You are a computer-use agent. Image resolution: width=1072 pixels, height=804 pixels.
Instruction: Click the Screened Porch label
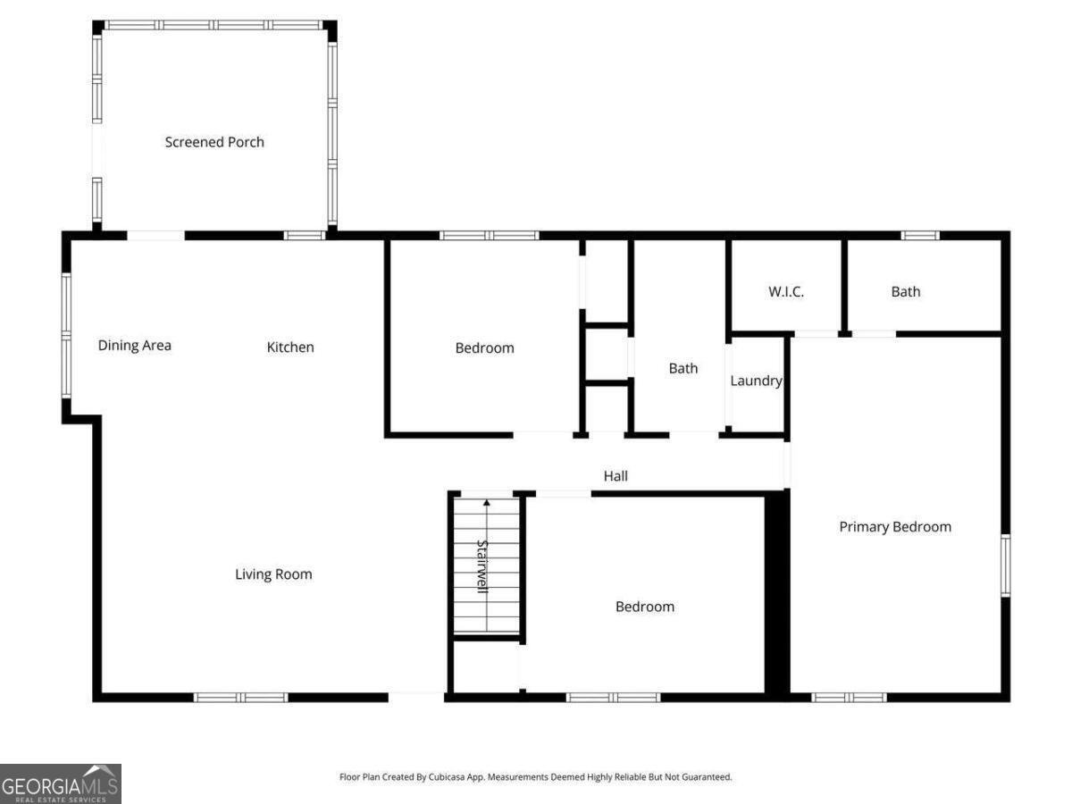click(214, 142)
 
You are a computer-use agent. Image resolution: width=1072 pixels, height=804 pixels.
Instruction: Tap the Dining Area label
click(134, 346)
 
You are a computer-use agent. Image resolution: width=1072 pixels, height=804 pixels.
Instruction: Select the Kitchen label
click(290, 347)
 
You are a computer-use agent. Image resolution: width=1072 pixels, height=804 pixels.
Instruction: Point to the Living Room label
click(273, 574)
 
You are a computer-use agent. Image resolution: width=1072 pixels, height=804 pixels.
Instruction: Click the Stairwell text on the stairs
click(482, 566)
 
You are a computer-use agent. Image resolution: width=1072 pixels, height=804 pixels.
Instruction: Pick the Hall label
click(616, 476)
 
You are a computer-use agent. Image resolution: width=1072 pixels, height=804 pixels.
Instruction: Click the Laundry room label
click(756, 381)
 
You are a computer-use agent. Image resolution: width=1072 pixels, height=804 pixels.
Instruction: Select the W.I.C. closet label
click(786, 291)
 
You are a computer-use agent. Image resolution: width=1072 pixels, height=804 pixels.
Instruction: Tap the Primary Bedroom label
click(895, 527)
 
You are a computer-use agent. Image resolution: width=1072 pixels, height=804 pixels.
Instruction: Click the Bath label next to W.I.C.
click(905, 291)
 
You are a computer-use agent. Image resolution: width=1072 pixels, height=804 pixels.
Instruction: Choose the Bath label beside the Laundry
click(683, 368)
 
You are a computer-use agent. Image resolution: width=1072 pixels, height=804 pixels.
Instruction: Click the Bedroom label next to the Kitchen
click(484, 348)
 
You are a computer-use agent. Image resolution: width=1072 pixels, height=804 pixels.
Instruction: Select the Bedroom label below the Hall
click(644, 607)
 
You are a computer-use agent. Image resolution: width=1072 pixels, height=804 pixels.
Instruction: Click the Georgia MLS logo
click(61, 783)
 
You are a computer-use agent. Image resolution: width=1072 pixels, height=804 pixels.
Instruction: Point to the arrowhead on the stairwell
click(487, 504)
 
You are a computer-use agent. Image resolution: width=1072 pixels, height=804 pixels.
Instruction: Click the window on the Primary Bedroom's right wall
click(1005, 565)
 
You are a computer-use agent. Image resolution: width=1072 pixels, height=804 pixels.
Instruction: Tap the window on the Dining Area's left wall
click(66, 334)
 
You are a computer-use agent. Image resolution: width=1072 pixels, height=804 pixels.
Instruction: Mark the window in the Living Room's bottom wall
click(241, 697)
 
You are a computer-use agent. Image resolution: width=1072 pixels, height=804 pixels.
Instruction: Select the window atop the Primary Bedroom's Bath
click(919, 236)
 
